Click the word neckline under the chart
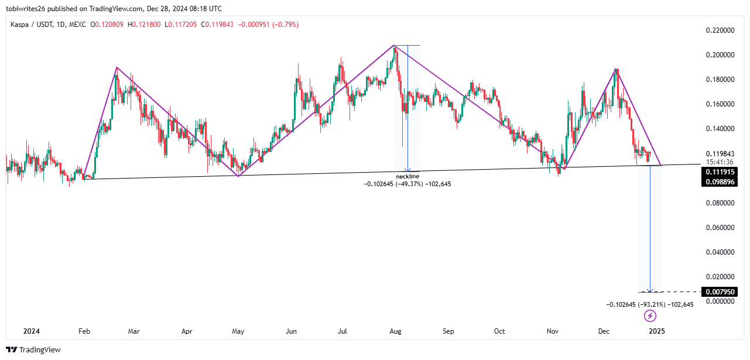point(407,176)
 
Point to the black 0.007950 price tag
point(718,292)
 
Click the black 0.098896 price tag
point(718,182)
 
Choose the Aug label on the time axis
point(395,331)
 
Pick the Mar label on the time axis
point(134,331)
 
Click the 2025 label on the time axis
point(656,331)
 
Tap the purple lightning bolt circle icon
point(650,317)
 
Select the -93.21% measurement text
point(650,304)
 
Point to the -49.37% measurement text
point(407,184)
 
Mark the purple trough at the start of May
point(238,176)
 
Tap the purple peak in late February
point(117,67)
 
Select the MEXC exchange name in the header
point(77,25)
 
